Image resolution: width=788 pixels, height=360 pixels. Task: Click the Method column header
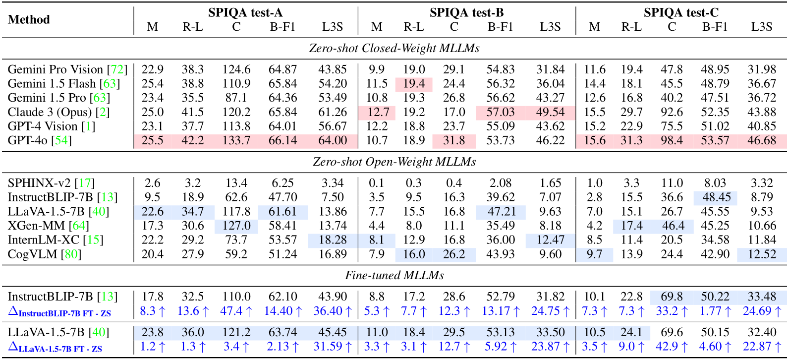(29, 19)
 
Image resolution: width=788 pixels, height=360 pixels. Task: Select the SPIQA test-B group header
(466, 12)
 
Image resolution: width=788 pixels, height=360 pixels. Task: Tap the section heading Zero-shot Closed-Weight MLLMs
(394, 48)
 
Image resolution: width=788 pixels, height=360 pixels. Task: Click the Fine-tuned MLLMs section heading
(394, 275)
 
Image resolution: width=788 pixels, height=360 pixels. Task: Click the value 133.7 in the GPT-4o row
(236, 140)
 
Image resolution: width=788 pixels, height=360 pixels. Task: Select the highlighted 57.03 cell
(500, 112)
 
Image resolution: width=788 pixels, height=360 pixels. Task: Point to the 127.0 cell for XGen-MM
(236, 226)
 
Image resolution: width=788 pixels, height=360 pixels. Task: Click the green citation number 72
(117, 69)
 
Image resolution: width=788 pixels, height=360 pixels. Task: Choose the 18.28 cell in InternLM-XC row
(332, 240)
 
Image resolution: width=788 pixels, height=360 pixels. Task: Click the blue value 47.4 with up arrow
(236, 311)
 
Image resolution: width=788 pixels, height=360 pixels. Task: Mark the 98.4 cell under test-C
(671, 140)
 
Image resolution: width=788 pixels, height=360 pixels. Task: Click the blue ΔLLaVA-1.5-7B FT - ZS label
(55, 348)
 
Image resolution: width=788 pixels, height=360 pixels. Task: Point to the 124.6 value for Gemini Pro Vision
(236, 69)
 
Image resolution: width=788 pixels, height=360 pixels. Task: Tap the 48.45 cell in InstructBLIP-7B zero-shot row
(715, 197)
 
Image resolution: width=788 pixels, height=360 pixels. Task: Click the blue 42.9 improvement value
(671, 347)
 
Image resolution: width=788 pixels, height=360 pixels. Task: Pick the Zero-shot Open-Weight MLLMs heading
(394, 162)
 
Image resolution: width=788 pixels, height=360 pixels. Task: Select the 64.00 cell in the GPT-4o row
(332, 140)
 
